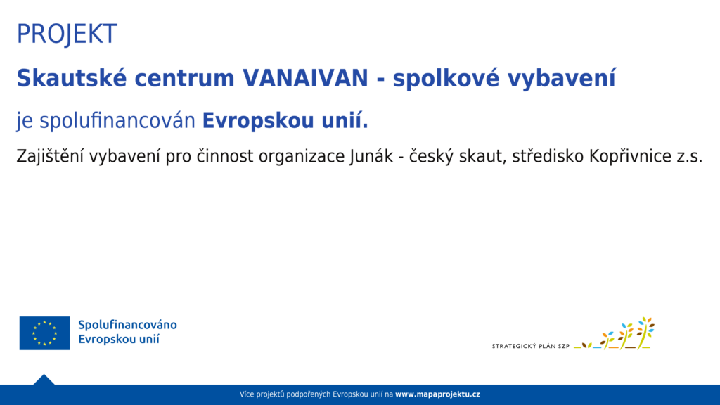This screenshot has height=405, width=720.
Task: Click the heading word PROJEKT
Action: [67, 34]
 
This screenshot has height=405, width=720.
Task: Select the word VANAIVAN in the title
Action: [305, 77]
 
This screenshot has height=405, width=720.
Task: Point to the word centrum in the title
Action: [185, 79]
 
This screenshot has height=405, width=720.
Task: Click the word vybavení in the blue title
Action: [561, 78]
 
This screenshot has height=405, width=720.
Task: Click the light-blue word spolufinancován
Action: [117, 121]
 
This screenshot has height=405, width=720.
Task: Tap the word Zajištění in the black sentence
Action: [50, 156]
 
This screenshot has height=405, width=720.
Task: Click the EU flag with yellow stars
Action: [44, 333]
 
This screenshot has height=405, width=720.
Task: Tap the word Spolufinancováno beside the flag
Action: [127, 325]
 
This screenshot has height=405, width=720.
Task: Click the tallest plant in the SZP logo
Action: [645, 333]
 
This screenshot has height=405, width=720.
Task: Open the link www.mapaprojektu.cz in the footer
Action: [437, 394]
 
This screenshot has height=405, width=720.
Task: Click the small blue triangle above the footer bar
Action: [44, 380]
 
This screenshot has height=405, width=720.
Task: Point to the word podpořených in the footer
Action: [311, 394]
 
